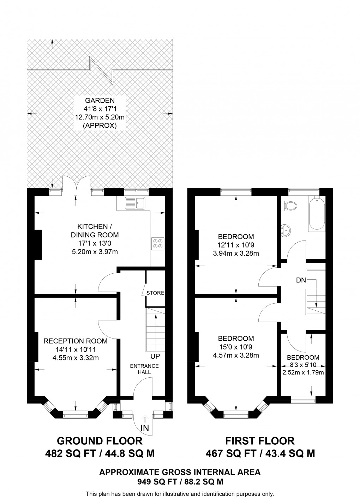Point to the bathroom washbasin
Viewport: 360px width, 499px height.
click(285, 230)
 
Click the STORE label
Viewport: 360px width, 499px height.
click(155, 293)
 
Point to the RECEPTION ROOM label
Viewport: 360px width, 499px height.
click(75, 341)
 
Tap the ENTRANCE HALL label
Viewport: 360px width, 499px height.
click(144, 369)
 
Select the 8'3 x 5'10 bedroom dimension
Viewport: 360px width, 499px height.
click(303, 365)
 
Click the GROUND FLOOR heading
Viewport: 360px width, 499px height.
click(100, 441)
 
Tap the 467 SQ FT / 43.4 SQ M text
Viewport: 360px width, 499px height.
click(260, 453)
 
